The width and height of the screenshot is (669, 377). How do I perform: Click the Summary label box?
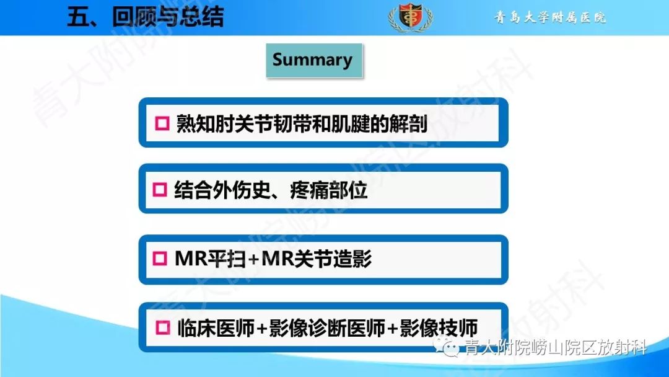313,60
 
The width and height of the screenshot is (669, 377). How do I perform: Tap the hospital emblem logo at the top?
410,17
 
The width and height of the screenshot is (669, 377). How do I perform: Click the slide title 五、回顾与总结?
145,17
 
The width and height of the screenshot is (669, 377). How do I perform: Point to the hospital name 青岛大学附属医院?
550,17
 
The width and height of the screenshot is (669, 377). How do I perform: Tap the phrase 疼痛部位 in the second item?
328,190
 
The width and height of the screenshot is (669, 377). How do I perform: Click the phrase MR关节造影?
317,259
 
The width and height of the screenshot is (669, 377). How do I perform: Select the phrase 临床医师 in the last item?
215,327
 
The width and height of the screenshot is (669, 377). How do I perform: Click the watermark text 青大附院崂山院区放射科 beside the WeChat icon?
556,347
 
